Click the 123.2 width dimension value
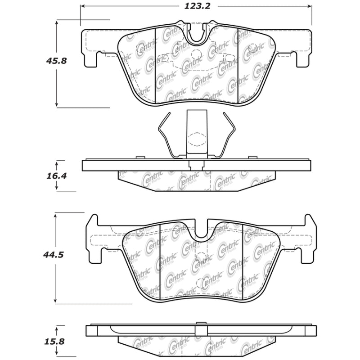(196, 6)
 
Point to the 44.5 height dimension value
(55, 255)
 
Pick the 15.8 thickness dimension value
(56, 342)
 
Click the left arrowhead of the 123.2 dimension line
(82, 7)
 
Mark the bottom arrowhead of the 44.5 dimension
(55, 300)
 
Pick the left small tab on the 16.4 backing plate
(139, 157)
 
